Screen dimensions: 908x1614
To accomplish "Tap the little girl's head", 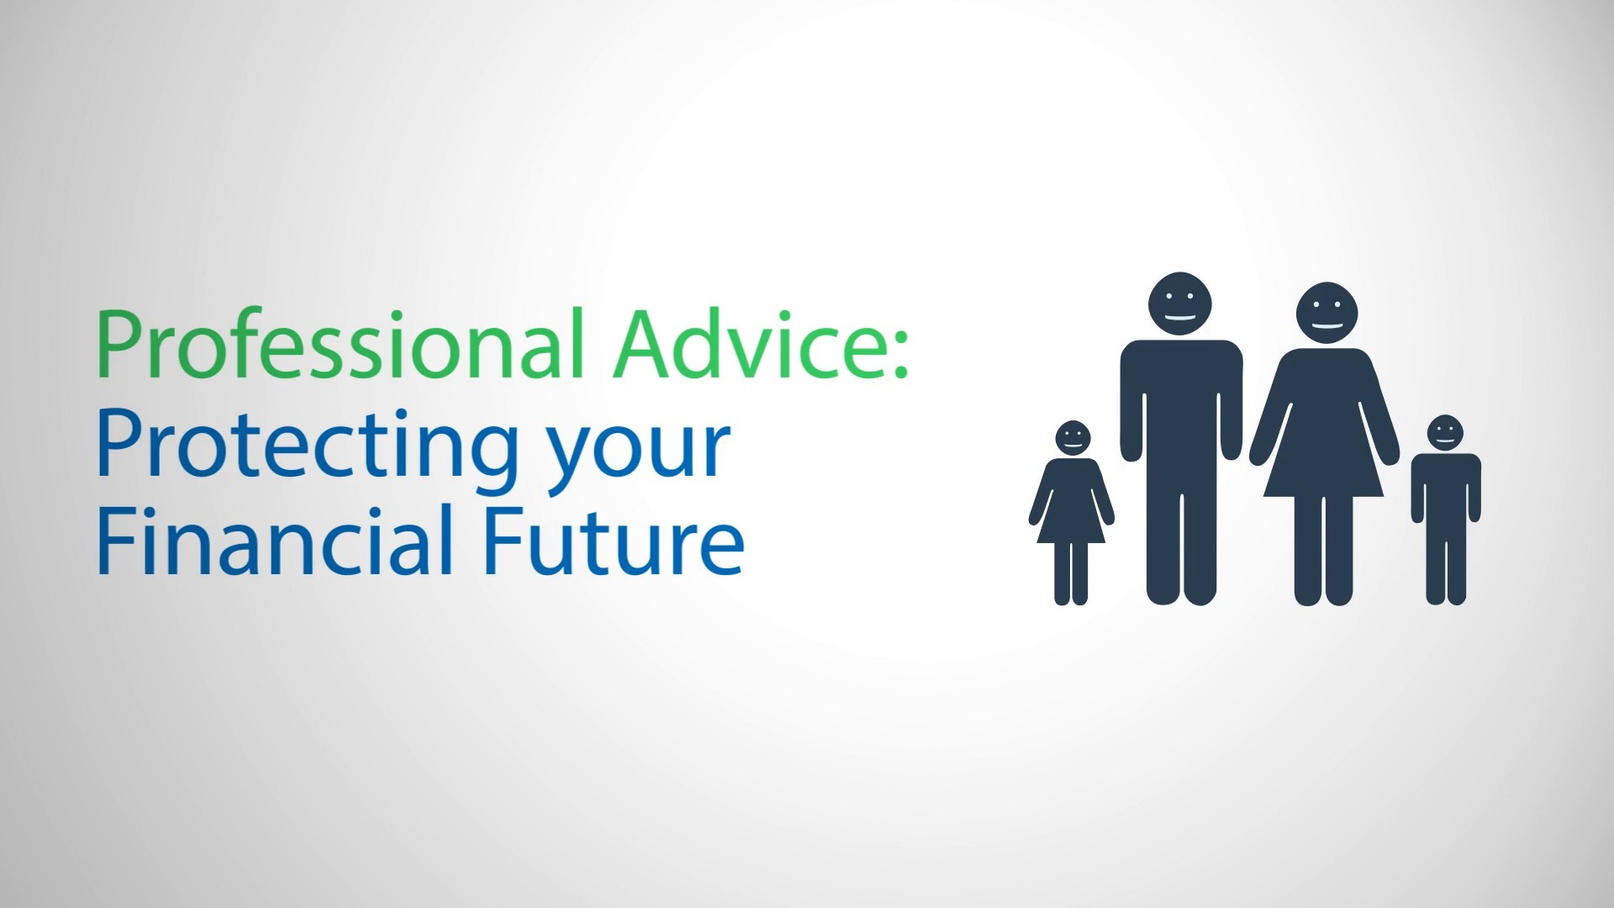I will tap(1072, 438).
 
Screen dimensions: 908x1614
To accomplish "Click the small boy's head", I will tap(1445, 432).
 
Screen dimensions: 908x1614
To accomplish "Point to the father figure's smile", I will tap(1180, 318).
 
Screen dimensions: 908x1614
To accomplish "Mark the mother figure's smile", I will tap(1327, 326).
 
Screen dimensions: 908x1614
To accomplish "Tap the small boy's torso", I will tap(1446, 488).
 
